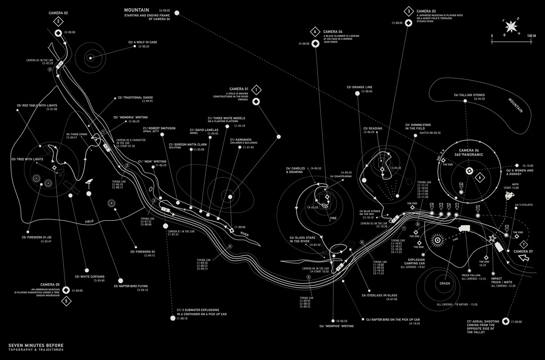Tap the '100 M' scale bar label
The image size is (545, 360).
pos(531,35)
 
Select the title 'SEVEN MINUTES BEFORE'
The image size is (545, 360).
pos(36,345)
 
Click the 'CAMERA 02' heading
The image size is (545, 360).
pos(58,13)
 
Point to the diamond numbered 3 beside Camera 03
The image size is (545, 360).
pos(409,11)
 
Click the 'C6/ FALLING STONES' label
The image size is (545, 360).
pos(470,95)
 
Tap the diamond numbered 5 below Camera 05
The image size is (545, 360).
pos(66,300)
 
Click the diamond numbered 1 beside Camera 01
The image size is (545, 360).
pos(256,89)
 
